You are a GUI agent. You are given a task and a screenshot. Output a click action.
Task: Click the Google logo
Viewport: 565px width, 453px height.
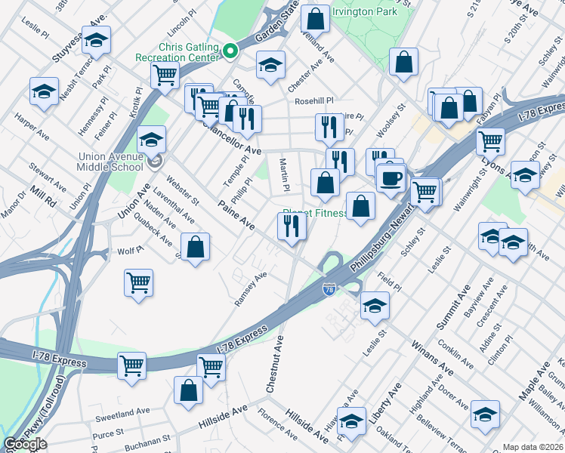click(25, 444)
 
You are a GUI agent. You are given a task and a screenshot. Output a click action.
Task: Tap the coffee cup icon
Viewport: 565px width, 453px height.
click(391, 178)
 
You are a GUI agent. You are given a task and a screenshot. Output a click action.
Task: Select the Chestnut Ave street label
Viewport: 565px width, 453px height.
click(274, 364)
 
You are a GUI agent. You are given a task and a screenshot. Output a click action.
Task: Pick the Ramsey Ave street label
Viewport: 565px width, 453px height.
click(251, 290)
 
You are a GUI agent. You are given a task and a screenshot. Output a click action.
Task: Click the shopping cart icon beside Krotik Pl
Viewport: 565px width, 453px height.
click(164, 75)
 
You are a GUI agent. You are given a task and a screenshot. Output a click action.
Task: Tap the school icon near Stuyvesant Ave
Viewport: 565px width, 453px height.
click(96, 41)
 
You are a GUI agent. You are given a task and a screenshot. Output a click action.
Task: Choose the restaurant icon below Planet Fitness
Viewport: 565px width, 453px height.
click(291, 225)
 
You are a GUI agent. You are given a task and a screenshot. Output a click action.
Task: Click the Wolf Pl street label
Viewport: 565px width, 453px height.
click(125, 251)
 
